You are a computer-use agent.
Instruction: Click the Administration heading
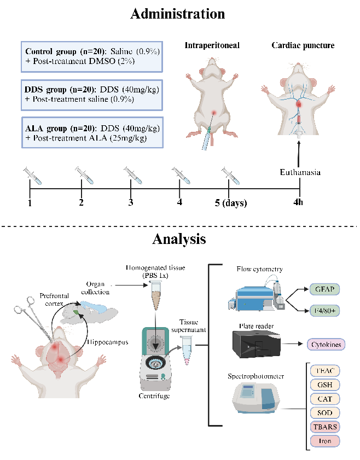tap(177, 14)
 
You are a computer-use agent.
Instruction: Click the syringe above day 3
tap(132, 176)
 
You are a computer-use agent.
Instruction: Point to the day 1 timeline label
tap(30, 203)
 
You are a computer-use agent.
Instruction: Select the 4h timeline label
tap(298, 203)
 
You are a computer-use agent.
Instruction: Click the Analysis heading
tap(179, 239)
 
